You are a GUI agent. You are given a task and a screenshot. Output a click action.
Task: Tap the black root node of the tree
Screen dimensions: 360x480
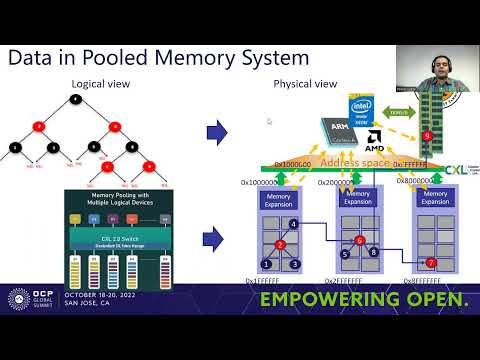[x=76, y=99]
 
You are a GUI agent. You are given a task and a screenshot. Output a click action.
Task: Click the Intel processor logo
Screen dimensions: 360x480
[x=362, y=109]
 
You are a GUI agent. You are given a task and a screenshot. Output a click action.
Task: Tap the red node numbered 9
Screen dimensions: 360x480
[x=428, y=134]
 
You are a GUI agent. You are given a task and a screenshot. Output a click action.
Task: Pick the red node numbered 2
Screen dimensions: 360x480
[x=281, y=244]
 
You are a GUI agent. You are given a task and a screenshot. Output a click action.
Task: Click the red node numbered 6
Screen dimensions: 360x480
[x=359, y=240]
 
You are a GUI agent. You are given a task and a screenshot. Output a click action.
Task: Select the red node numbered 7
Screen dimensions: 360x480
[x=431, y=263]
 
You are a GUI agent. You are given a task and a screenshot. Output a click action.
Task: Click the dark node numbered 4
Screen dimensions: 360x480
[x=293, y=223]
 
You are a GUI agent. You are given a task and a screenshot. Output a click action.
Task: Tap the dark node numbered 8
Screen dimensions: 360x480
[x=373, y=253]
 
